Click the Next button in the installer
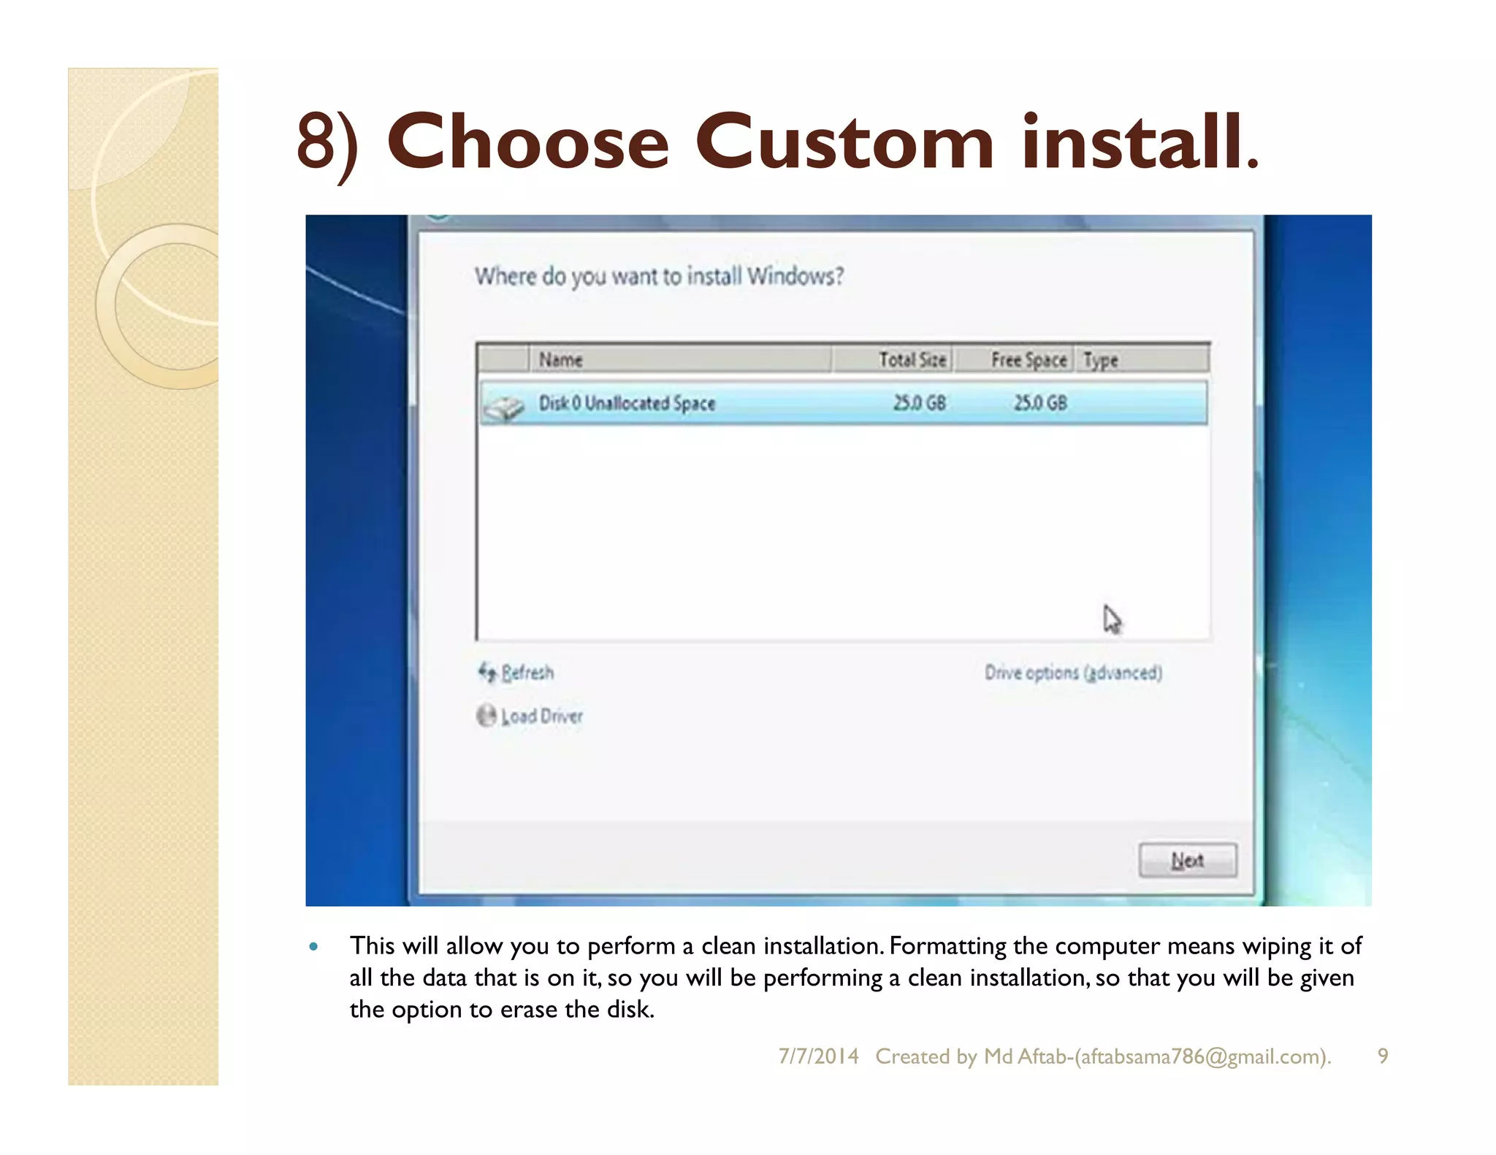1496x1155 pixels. [1187, 860]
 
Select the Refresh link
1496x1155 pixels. [527, 672]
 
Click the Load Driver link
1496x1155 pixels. [541, 715]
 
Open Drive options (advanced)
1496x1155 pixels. [1072, 672]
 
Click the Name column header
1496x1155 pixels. [560, 359]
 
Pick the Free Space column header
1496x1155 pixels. [1028, 359]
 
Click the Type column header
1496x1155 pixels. [1100, 359]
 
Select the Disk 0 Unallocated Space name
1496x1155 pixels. [627, 403]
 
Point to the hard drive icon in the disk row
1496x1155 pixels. [504, 407]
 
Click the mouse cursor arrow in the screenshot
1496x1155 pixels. [1111, 619]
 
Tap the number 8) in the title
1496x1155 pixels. [328, 143]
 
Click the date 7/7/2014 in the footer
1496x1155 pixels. [818, 1056]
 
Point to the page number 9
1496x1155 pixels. [1383, 1056]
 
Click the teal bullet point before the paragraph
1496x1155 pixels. [314, 947]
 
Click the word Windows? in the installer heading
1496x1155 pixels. [795, 276]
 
